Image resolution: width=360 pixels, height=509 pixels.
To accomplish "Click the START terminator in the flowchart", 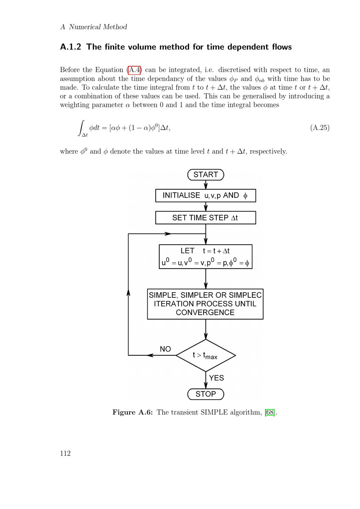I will [206, 175].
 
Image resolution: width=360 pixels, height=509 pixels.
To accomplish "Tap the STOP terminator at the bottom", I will [206, 394].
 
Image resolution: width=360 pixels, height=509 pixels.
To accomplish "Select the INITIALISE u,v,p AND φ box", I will [206, 195].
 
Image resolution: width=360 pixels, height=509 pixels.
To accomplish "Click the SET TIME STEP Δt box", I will [206, 218].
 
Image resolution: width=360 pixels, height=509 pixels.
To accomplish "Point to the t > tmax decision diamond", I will [206, 355].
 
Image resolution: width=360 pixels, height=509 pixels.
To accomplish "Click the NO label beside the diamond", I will [165, 349].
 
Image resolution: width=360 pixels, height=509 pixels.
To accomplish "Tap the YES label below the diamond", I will [216, 378].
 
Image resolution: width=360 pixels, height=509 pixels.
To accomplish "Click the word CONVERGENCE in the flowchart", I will [205, 312].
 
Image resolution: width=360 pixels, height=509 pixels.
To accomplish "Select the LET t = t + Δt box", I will [206, 257].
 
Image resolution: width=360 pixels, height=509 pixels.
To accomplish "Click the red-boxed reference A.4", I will [134, 70].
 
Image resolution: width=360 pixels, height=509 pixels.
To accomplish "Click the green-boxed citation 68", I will [270, 413].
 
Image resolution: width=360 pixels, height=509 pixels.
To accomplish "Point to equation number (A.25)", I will [320, 128].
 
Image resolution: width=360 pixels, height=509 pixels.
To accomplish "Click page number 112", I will [65, 454].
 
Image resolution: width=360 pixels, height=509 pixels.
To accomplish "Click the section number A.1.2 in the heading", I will [71, 47].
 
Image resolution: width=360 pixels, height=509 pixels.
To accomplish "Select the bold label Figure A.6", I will [132, 413].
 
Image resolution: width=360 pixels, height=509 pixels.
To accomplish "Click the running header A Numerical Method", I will [94, 27].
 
